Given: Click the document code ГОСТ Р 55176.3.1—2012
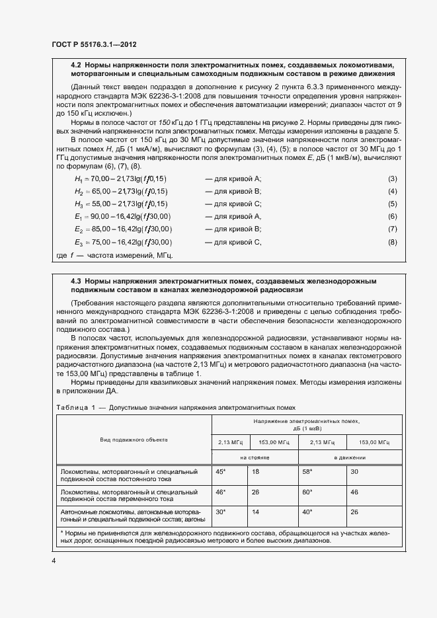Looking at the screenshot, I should click(x=95, y=44).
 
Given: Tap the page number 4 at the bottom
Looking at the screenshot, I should click(x=54, y=561).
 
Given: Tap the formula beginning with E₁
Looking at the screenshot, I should click(x=122, y=216).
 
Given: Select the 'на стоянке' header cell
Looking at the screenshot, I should click(x=255, y=457).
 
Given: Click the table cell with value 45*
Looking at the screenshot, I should click(x=221, y=471).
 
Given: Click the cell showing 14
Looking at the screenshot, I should click(x=256, y=512).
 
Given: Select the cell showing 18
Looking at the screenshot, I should click(x=256, y=471).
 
